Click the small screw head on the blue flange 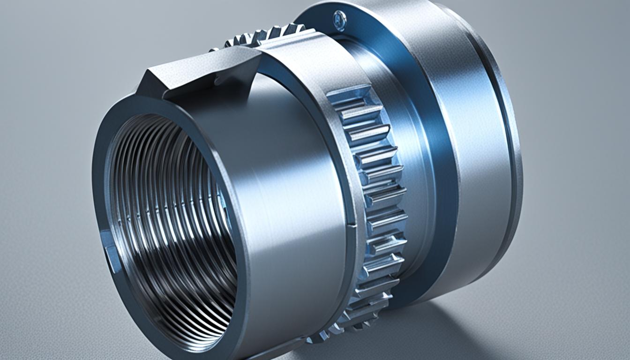[x=339, y=20]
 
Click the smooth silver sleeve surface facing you [x=291, y=187]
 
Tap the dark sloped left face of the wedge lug [x=149, y=84]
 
